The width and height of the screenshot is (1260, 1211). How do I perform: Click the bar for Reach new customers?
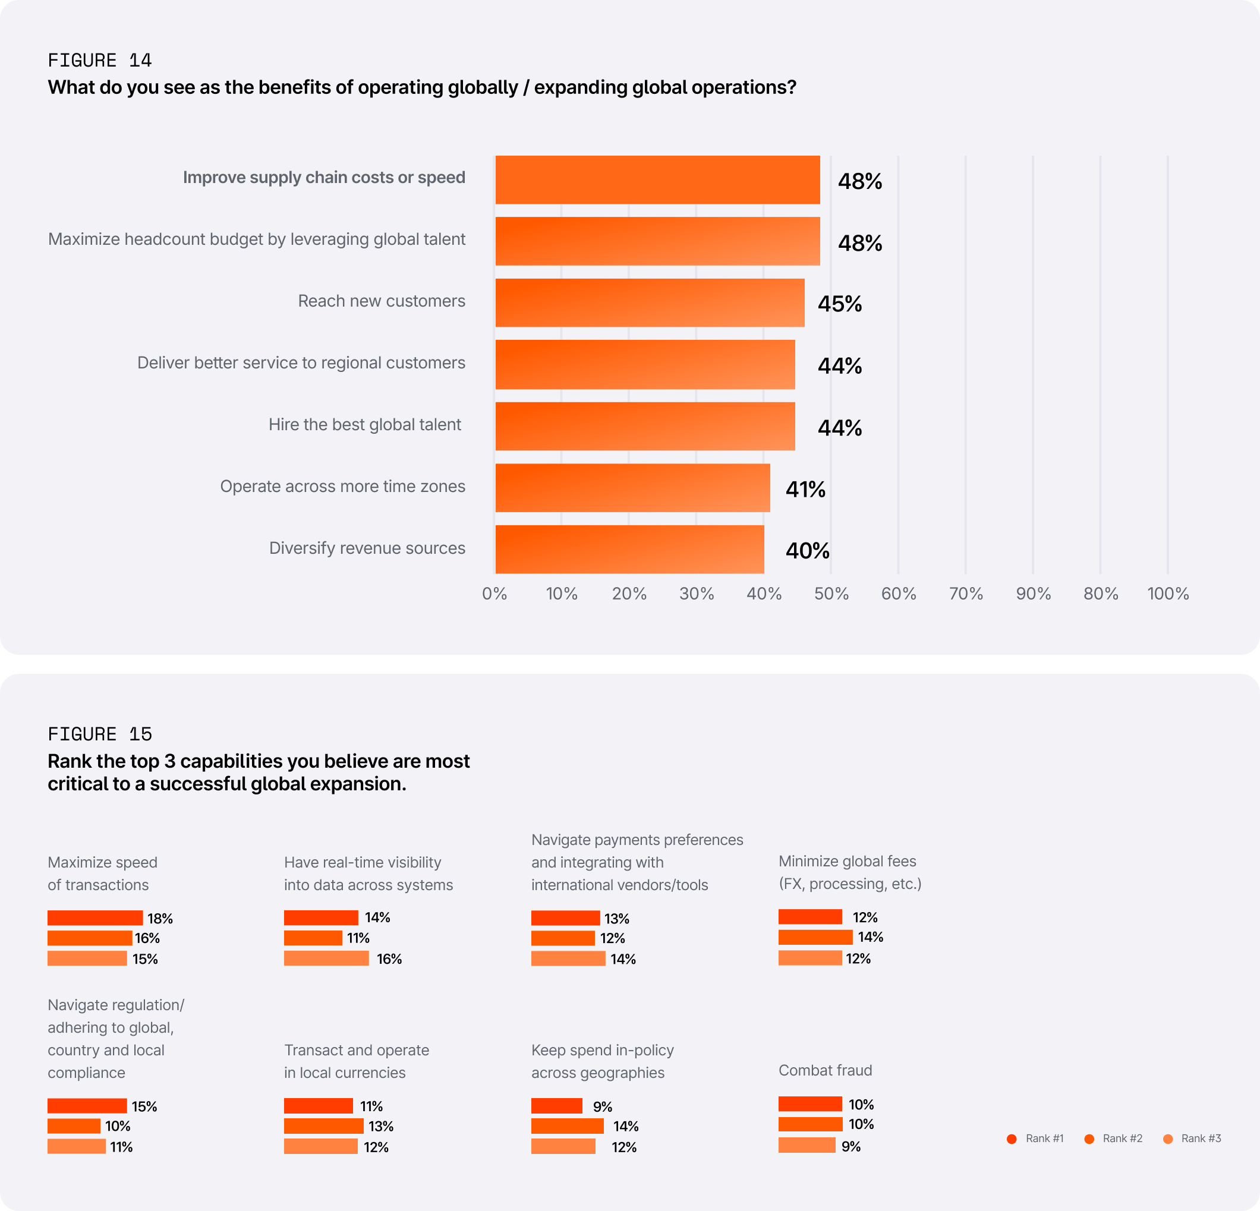click(x=649, y=303)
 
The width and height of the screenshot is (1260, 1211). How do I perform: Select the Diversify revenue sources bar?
click(x=629, y=550)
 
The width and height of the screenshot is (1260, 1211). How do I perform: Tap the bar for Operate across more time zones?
click(x=632, y=488)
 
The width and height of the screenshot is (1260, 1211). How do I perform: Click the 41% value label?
click(x=805, y=490)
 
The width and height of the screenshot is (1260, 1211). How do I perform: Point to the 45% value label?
click(x=840, y=304)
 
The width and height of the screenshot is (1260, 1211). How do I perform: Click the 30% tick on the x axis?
click(x=696, y=594)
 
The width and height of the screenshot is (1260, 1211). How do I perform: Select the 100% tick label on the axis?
click(x=1167, y=594)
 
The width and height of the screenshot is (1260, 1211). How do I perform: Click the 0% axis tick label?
click(x=494, y=594)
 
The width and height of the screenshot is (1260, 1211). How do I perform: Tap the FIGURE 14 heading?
click(x=100, y=61)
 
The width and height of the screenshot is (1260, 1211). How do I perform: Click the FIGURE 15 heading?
click(x=100, y=734)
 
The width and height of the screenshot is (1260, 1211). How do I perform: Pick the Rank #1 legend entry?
click(x=1035, y=1139)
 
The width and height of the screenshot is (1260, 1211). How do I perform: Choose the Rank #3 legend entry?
click(x=1192, y=1139)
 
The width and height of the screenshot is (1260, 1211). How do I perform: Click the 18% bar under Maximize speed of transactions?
click(x=95, y=918)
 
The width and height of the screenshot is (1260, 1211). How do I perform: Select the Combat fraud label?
click(x=825, y=1070)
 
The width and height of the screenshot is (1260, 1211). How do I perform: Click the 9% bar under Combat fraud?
click(x=807, y=1145)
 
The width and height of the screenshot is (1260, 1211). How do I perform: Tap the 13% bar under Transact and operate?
click(x=323, y=1126)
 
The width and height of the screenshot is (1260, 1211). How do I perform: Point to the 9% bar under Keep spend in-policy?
click(x=557, y=1106)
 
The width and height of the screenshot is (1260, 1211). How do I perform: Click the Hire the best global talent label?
click(x=364, y=425)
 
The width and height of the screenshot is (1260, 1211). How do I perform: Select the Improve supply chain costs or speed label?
click(x=323, y=178)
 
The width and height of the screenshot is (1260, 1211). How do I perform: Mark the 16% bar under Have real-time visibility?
click(x=326, y=958)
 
